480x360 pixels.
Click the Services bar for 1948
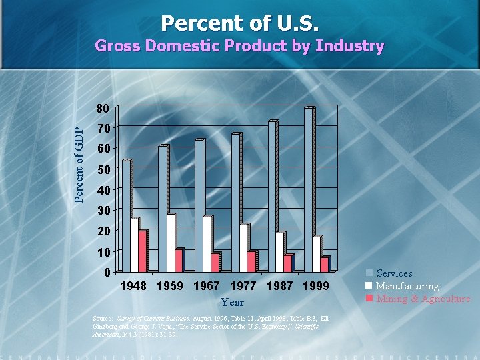point(127,216)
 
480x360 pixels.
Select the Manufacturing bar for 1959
point(171,243)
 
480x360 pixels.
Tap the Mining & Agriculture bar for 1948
point(142,251)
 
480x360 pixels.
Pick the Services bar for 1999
point(309,189)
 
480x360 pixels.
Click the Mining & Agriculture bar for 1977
point(251,261)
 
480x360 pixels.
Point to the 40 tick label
point(103,191)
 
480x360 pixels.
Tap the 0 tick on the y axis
point(107,272)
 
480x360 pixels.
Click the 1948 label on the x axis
point(133,286)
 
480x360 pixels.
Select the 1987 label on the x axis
point(278,286)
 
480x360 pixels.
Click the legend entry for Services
point(394,273)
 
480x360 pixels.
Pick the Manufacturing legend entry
point(407,286)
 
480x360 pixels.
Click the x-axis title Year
point(232,303)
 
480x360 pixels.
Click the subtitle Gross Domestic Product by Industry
point(240,46)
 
